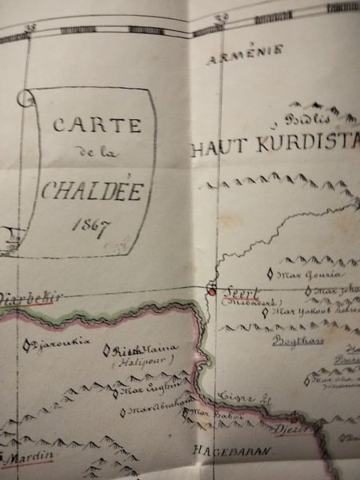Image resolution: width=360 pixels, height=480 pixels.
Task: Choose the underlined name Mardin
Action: click(27, 458)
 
